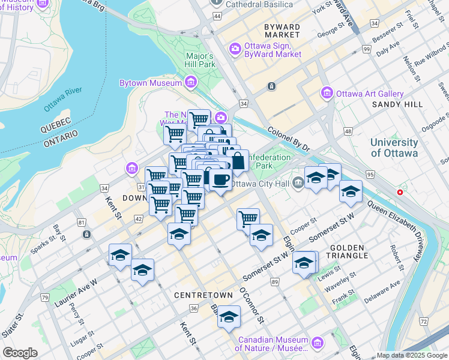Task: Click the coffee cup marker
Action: point(221,179)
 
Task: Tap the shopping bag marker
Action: point(237,161)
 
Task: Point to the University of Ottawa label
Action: point(394,148)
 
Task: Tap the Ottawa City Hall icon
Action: point(298,184)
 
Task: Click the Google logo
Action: point(20,353)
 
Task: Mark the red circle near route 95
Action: point(400,193)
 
